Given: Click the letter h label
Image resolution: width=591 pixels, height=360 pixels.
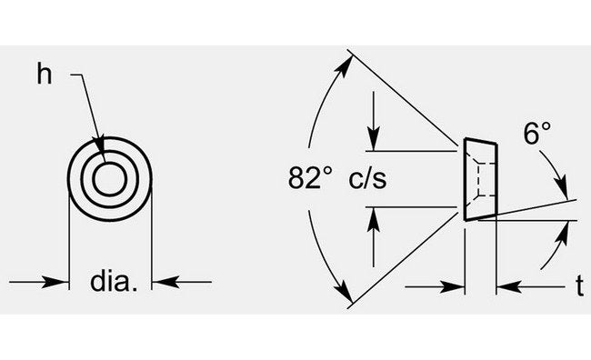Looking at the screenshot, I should (43, 74).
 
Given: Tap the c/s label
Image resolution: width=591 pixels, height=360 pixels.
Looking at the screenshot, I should (367, 178).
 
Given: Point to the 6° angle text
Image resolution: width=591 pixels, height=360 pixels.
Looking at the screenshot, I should (536, 135).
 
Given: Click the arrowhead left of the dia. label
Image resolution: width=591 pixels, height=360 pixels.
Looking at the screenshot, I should (62, 282).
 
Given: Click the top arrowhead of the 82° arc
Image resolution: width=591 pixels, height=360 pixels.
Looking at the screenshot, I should (348, 62).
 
